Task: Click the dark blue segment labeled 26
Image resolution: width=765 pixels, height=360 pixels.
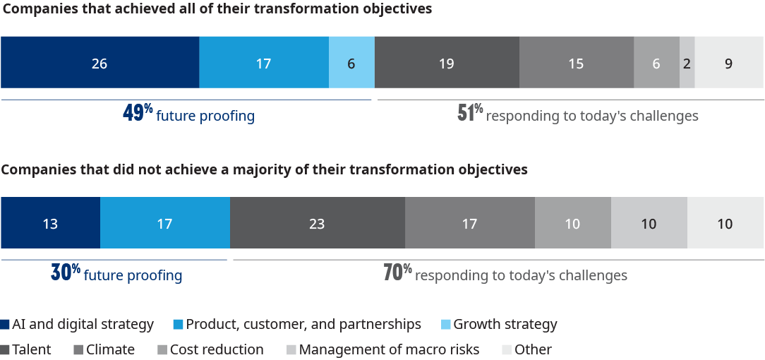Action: [x=100, y=63]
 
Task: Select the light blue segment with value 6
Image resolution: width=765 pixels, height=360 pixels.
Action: [x=351, y=63]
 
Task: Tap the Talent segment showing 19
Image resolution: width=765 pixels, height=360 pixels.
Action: [x=447, y=63]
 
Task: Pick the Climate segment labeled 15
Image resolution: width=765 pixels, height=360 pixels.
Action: [x=576, y=63]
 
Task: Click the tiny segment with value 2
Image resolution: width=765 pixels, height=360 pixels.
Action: [x=687, y=63]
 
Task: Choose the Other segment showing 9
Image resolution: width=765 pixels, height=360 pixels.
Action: [x=729, y=63]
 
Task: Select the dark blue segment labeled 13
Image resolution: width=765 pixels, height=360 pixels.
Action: [x=50, y=224]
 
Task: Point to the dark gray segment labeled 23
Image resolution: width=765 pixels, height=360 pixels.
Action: [x=318, y=224]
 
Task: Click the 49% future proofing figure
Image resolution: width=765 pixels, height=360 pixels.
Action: [x=138, y=114]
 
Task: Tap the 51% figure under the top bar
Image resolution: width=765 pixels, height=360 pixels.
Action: [x=470, y=114]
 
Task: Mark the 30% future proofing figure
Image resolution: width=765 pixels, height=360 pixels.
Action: [x=66, y=274]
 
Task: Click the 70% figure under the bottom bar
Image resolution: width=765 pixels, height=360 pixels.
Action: [x=397, y=273]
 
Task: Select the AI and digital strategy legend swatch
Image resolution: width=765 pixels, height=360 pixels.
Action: [x=6, y=325]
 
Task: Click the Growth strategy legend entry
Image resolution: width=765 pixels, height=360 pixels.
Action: [x=505, y=325]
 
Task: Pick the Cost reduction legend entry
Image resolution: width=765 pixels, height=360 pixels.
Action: [x=216, y=349]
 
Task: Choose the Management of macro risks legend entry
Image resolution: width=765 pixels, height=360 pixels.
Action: [x=389, y=349]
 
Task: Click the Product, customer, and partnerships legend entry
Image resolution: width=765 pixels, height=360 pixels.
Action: [x=303, y=325]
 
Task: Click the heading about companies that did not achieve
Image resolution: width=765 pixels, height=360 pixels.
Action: [x=264, y=170]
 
